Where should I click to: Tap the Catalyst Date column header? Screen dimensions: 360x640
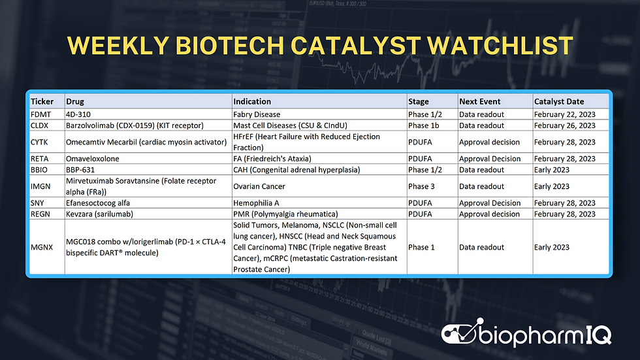[x=558, y=101]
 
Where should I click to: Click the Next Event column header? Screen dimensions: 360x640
[x=479, y=101]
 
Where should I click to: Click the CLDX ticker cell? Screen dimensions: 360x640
[x=40, y=125]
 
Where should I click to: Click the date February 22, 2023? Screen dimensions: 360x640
[x=564, y=114]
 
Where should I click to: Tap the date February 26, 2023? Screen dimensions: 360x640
[x=564, y=125]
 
